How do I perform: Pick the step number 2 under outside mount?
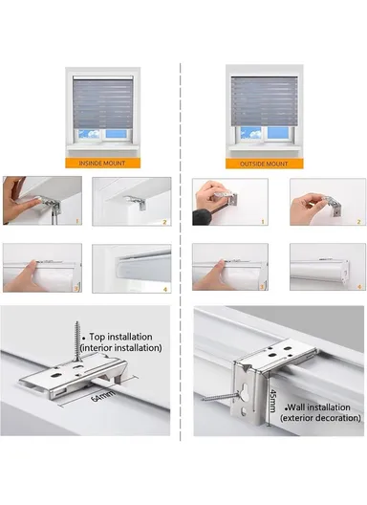[357, 220]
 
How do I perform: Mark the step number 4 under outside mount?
[357, 285]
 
